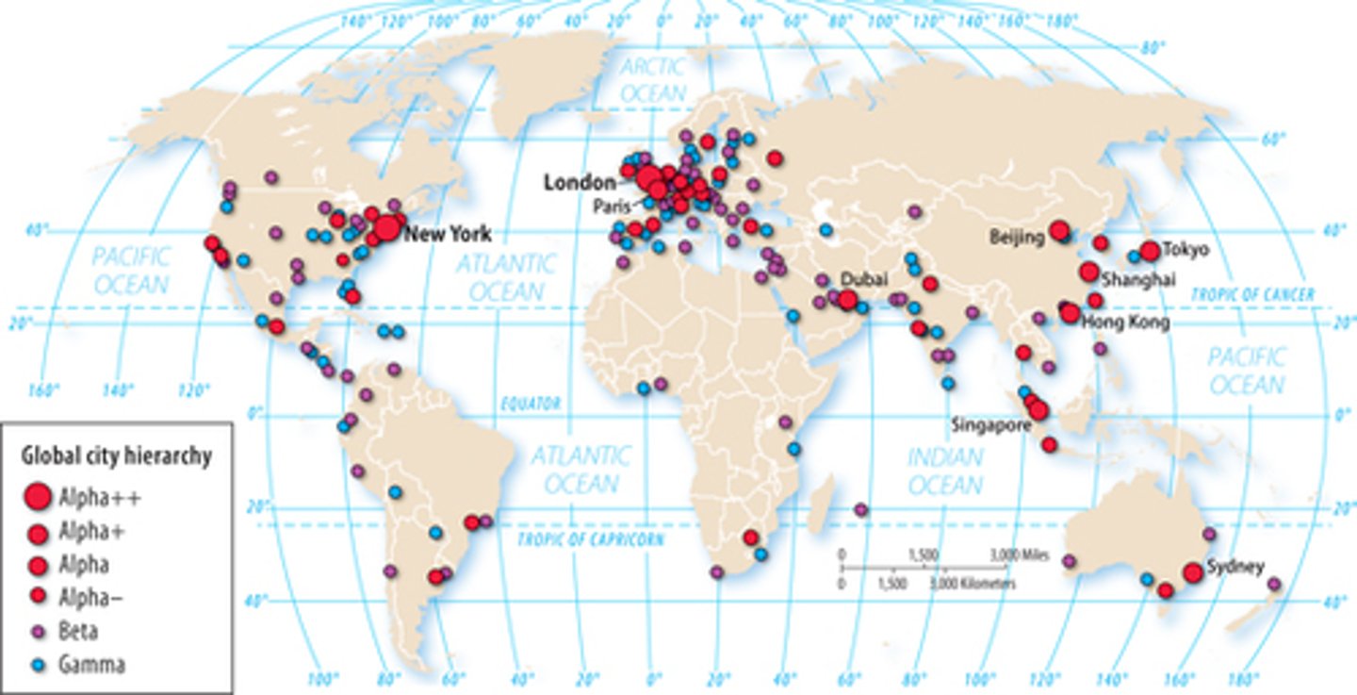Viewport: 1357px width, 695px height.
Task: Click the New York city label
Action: [x=448, y=234]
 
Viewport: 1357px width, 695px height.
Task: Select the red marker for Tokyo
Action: [x=1149, y=251]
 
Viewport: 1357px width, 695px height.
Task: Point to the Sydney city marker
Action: [x=1193, y=571]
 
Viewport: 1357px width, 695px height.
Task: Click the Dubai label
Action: [x=864, y=279]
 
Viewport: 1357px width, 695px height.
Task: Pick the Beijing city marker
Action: [x=1059, y=229]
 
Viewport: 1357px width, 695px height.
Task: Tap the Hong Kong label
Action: [x=1125, y=323]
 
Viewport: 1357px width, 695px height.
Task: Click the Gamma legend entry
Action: [x=92, y=664]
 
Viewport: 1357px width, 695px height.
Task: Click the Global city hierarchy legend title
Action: [x=116, y=456]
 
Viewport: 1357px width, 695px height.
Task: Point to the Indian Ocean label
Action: [x=945, y=471]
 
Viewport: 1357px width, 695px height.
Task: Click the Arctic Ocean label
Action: [x=653, y=80]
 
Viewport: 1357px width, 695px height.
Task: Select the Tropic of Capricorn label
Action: [x=591, y=539]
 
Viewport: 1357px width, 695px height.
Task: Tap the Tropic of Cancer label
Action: [x=1252, y=295]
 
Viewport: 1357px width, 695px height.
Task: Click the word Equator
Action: [x=531, y=404]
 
